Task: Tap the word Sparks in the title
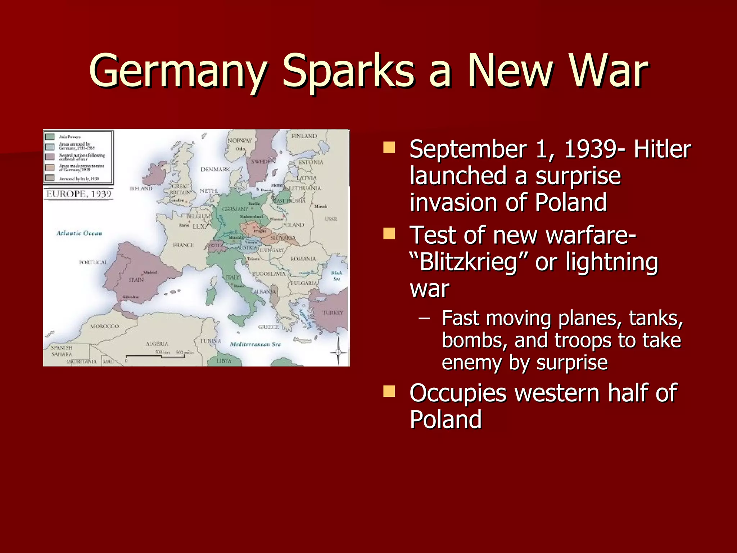point(348,71)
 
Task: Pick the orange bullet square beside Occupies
point(389,391)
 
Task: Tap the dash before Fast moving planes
point(425,319)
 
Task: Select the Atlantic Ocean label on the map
point(79,233)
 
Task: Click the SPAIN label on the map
point(136,280)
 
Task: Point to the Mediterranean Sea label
point(255,344)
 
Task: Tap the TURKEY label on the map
point(333,313)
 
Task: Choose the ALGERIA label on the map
point(157,344)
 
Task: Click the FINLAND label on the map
point(304,136)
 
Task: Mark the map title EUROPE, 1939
point(78,194)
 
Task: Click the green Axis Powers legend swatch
point(50,137)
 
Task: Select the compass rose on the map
point(338,351)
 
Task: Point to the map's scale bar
point(155,356)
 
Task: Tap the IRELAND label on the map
point(141,188)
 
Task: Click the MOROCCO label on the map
point(105,326)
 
